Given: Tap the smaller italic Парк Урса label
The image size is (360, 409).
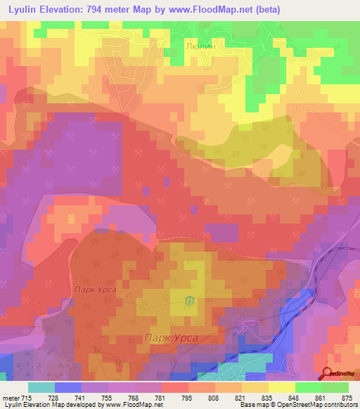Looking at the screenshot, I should [x=94, y=290].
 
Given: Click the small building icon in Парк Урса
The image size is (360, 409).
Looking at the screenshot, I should [x=189, y=302].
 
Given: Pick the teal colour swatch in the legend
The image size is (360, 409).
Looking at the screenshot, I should [x=41, y=387].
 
